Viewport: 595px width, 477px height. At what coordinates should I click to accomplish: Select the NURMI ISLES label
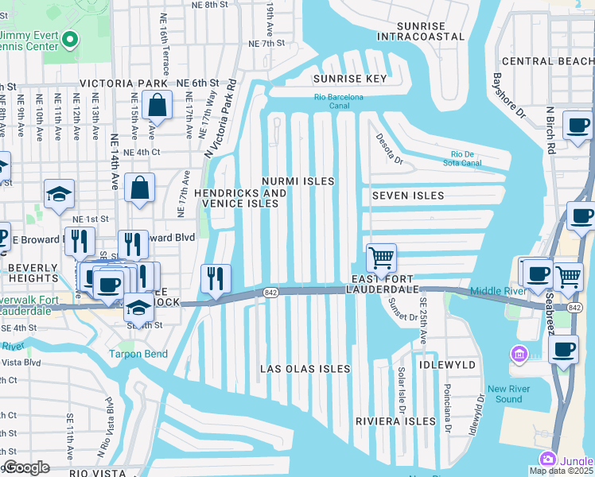(300, 181)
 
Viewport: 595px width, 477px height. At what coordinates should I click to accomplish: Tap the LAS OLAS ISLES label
(305, 369)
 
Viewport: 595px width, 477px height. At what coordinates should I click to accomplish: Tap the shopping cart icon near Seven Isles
(382, 258)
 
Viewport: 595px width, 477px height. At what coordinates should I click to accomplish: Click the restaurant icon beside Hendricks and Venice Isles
(216, 278)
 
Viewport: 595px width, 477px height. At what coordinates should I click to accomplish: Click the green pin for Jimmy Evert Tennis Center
(70, 39)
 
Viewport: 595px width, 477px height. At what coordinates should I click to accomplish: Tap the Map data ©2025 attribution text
(562, 471)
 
